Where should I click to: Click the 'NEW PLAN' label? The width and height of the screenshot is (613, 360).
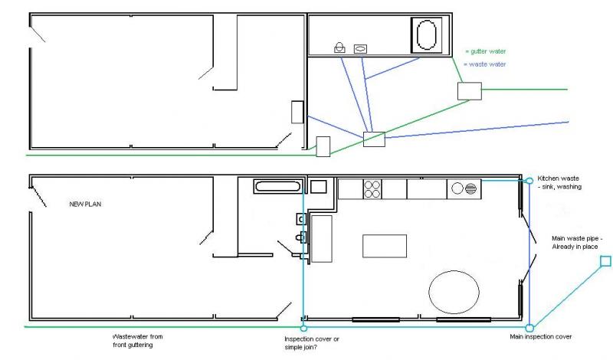85,204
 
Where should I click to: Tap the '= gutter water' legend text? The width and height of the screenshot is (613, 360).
486,51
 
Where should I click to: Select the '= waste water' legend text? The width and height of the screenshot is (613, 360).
485,64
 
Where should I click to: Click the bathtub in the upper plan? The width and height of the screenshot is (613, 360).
427,35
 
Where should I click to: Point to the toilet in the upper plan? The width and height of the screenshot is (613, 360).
339,47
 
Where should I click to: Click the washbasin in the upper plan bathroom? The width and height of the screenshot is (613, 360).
360,49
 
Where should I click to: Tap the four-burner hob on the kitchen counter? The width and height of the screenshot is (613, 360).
372,189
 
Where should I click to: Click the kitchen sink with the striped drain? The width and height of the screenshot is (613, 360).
464,188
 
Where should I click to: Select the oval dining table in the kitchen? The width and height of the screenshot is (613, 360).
454,292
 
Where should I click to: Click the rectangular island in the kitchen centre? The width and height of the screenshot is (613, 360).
385,246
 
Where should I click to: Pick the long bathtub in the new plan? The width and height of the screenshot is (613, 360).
278,186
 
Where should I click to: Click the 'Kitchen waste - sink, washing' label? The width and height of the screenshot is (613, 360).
559,182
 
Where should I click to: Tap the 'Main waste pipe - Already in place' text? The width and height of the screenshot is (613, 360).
577,242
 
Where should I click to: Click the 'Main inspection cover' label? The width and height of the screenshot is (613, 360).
541,336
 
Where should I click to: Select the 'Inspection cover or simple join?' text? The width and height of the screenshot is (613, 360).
312,343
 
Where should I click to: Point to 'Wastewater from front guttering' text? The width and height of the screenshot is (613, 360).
138,340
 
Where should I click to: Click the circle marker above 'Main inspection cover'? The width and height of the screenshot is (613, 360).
529,328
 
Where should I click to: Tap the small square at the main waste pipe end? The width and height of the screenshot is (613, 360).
605,261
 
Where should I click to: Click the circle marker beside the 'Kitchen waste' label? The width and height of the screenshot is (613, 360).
529,181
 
